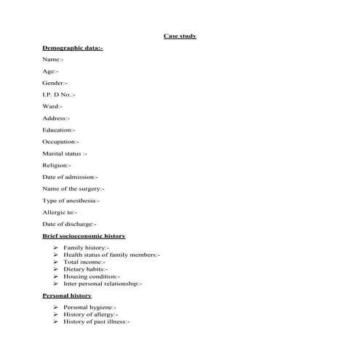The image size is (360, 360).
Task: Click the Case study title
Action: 180,36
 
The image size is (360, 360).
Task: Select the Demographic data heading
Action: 73,47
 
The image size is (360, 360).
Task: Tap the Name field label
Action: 53,59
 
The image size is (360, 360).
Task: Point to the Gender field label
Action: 55,83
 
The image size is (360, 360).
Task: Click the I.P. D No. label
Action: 59,95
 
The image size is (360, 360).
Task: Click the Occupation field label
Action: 61,142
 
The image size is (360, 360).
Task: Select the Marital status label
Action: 65,153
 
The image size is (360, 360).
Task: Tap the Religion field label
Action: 57,165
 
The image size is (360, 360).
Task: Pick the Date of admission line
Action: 70,177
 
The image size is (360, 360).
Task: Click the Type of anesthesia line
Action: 71,200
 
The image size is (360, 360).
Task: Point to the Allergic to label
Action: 60,212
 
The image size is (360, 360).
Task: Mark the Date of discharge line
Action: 69,224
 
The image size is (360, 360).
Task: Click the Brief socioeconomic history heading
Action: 84,236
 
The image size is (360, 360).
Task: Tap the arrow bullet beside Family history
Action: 56,248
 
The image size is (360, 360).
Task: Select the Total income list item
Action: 84,262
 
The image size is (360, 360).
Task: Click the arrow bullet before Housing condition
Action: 56,276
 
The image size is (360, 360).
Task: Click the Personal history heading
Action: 68,296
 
